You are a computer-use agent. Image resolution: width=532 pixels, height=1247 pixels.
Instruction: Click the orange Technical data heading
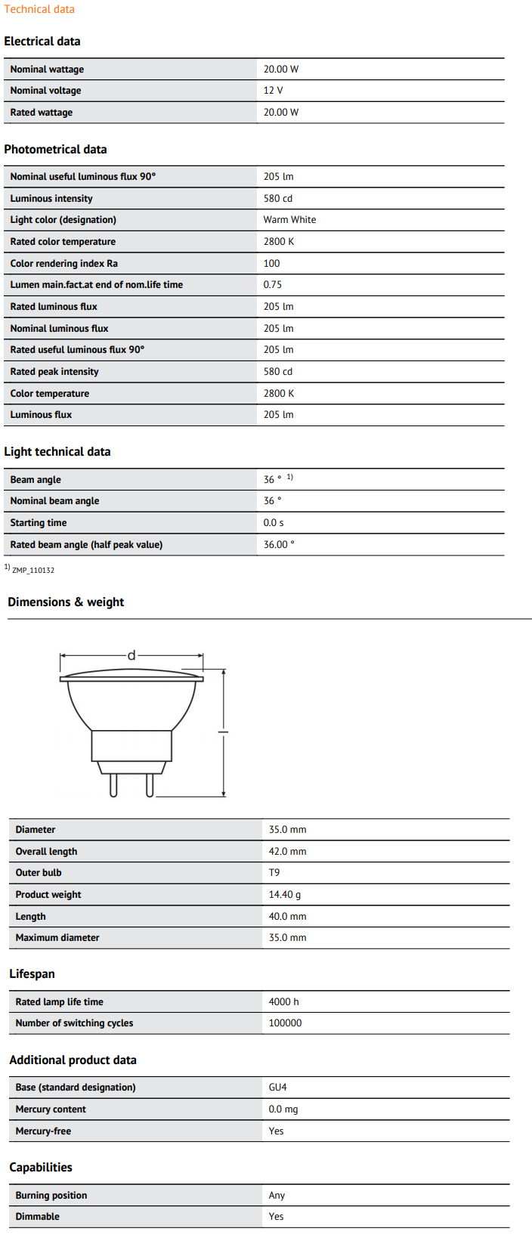pos(39,9)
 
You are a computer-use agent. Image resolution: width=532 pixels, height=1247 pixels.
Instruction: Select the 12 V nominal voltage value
pos(273,91)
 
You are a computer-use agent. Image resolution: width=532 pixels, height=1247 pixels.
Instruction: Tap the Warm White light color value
pos(289,220)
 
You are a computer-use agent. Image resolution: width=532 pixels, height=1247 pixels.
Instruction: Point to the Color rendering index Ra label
pos(64,264)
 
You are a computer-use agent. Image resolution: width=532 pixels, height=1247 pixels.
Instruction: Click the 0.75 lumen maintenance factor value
pos(272,285)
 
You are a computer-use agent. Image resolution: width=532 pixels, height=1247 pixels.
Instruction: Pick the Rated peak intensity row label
pos(54,372)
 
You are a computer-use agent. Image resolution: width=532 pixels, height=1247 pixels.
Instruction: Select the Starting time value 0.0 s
pos(274,523)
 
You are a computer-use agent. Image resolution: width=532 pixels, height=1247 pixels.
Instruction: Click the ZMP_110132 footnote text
pos(33,571)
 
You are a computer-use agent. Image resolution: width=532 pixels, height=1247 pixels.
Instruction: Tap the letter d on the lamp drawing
pos(131,655)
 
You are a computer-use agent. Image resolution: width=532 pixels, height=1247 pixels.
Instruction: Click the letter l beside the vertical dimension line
pos(223,731)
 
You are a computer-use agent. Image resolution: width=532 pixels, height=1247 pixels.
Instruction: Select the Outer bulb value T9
pos(274,873)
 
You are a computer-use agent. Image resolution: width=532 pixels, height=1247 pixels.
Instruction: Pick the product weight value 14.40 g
pos(285,895)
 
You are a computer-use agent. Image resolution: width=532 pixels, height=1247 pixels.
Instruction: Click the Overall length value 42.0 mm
pos(287,852)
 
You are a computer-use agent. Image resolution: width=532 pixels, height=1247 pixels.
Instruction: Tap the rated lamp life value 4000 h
pos(283,1002)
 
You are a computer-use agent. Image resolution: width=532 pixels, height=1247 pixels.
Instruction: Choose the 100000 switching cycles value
pos(285,1023)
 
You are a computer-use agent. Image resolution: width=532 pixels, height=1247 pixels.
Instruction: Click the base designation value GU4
pos(277,1088)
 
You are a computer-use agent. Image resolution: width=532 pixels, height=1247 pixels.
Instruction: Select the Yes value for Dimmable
pos(276,1217)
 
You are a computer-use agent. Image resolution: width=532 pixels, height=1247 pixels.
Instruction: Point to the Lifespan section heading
pos(32,974)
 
